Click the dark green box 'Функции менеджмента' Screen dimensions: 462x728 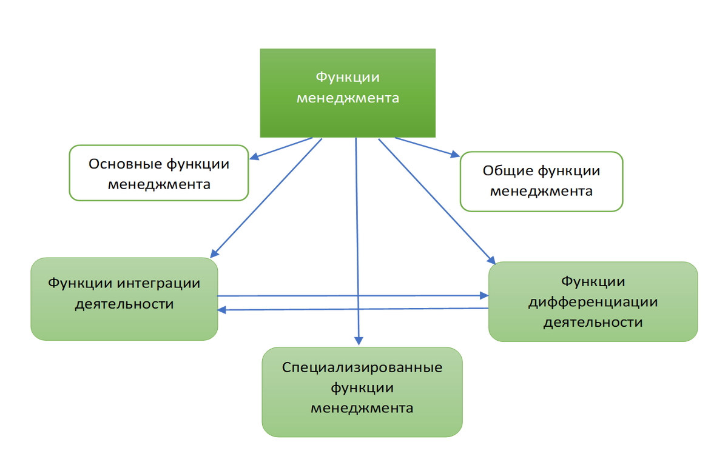click(x=348, y=93)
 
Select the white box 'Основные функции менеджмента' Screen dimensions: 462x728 click(x=159, y=173)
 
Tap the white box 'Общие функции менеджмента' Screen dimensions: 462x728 click(x=541, y=181)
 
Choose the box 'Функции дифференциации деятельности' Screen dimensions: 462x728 click(x=593, y=301)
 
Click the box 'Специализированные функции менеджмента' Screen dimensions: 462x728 click(x=362, y=392)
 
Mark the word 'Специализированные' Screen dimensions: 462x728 click(x=362, y=367)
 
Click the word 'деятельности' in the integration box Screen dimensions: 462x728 click(x=124, y=304)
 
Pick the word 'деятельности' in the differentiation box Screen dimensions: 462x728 click(x=593, y=322)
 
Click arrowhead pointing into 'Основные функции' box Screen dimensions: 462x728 click(x=255, y=158)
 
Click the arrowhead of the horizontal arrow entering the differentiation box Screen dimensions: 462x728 click(x=483, y=295)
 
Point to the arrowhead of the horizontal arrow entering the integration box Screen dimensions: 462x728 click(x=223, y=310)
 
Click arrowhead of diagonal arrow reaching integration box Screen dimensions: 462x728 click(x=214, y=250)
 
